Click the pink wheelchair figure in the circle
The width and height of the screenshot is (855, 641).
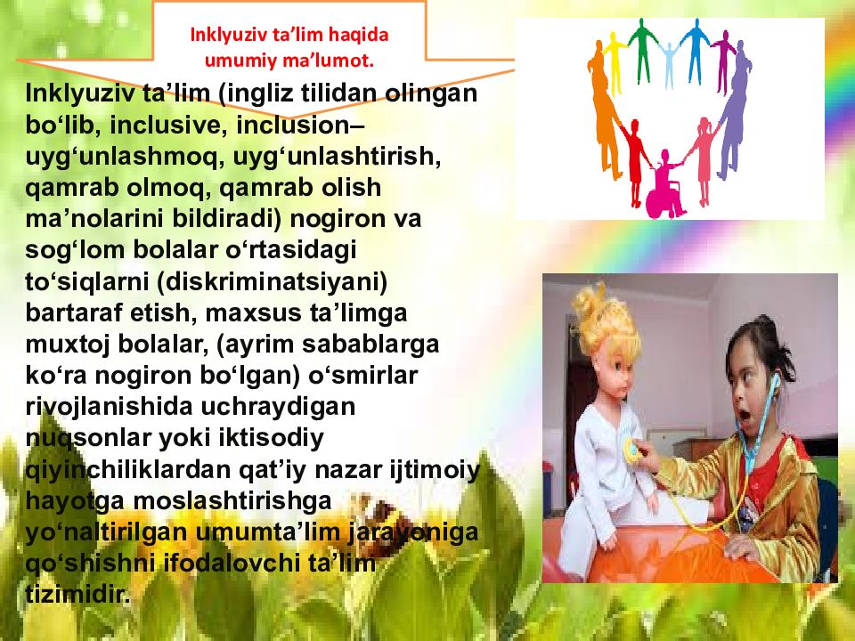coord(664,186)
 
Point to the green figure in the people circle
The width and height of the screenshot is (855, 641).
coord(640,50)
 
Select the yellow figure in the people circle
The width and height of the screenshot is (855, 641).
coord(615,62)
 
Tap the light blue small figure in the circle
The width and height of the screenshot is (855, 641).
coord(669,65)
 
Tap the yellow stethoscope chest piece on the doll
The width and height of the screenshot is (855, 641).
coord(632,452)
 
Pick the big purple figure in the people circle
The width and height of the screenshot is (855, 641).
coord(733,109)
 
